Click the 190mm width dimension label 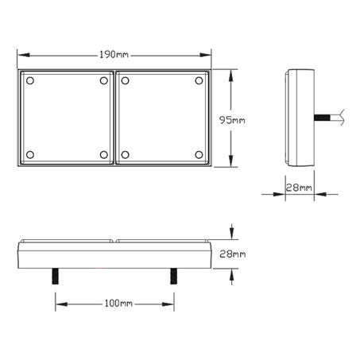(114, 54)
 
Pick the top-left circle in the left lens (29, 82)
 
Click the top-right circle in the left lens (103, 82)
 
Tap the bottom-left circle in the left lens (29, 154)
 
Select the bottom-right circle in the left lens (103, 154)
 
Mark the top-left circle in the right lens (126, 82)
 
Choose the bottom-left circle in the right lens (126, 154)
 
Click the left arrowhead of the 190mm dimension (21, 55)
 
